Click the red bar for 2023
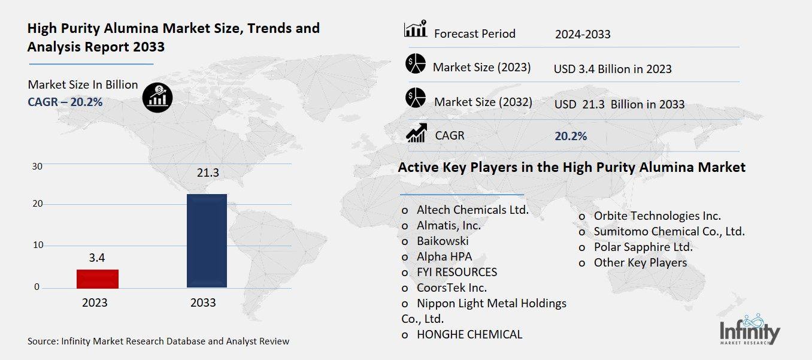(x=97, y=279)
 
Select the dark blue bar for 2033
(x=207, y=240)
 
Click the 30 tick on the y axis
(x=37, y=167)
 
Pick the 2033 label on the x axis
(x=203, y=303)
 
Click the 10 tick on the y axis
(x=37, y=245)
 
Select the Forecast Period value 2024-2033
(x=583, y=34)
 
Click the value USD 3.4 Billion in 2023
(x=613, y=69)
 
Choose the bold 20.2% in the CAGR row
(x=571, y=137)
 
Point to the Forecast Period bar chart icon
(x=416, y=29)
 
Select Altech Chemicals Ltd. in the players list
(x=472, y=210)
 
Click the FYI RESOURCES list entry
(x=457, y=272)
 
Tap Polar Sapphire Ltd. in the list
(x=643, y=247)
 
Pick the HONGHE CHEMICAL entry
(x=469, y=334)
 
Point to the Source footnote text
(x=158, y=341)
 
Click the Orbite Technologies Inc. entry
(x=657, y=216)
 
